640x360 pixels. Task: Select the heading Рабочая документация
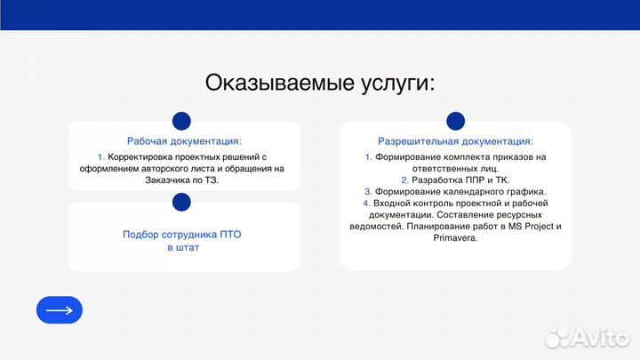click(184, 141)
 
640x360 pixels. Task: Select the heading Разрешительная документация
click(455, 141)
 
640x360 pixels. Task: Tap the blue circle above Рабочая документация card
click(181, 121)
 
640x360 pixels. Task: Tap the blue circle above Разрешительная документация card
click(455, 121)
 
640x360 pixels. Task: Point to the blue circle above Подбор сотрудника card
click(181, 203)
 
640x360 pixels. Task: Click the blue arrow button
click(59, 309)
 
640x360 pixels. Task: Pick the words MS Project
click(526, 227)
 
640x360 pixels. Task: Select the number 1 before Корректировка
click(100, 156)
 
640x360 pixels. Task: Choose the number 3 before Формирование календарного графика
click(368, 191)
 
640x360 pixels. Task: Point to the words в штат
click(183, 248)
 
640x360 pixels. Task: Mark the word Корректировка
click(140, 156)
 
